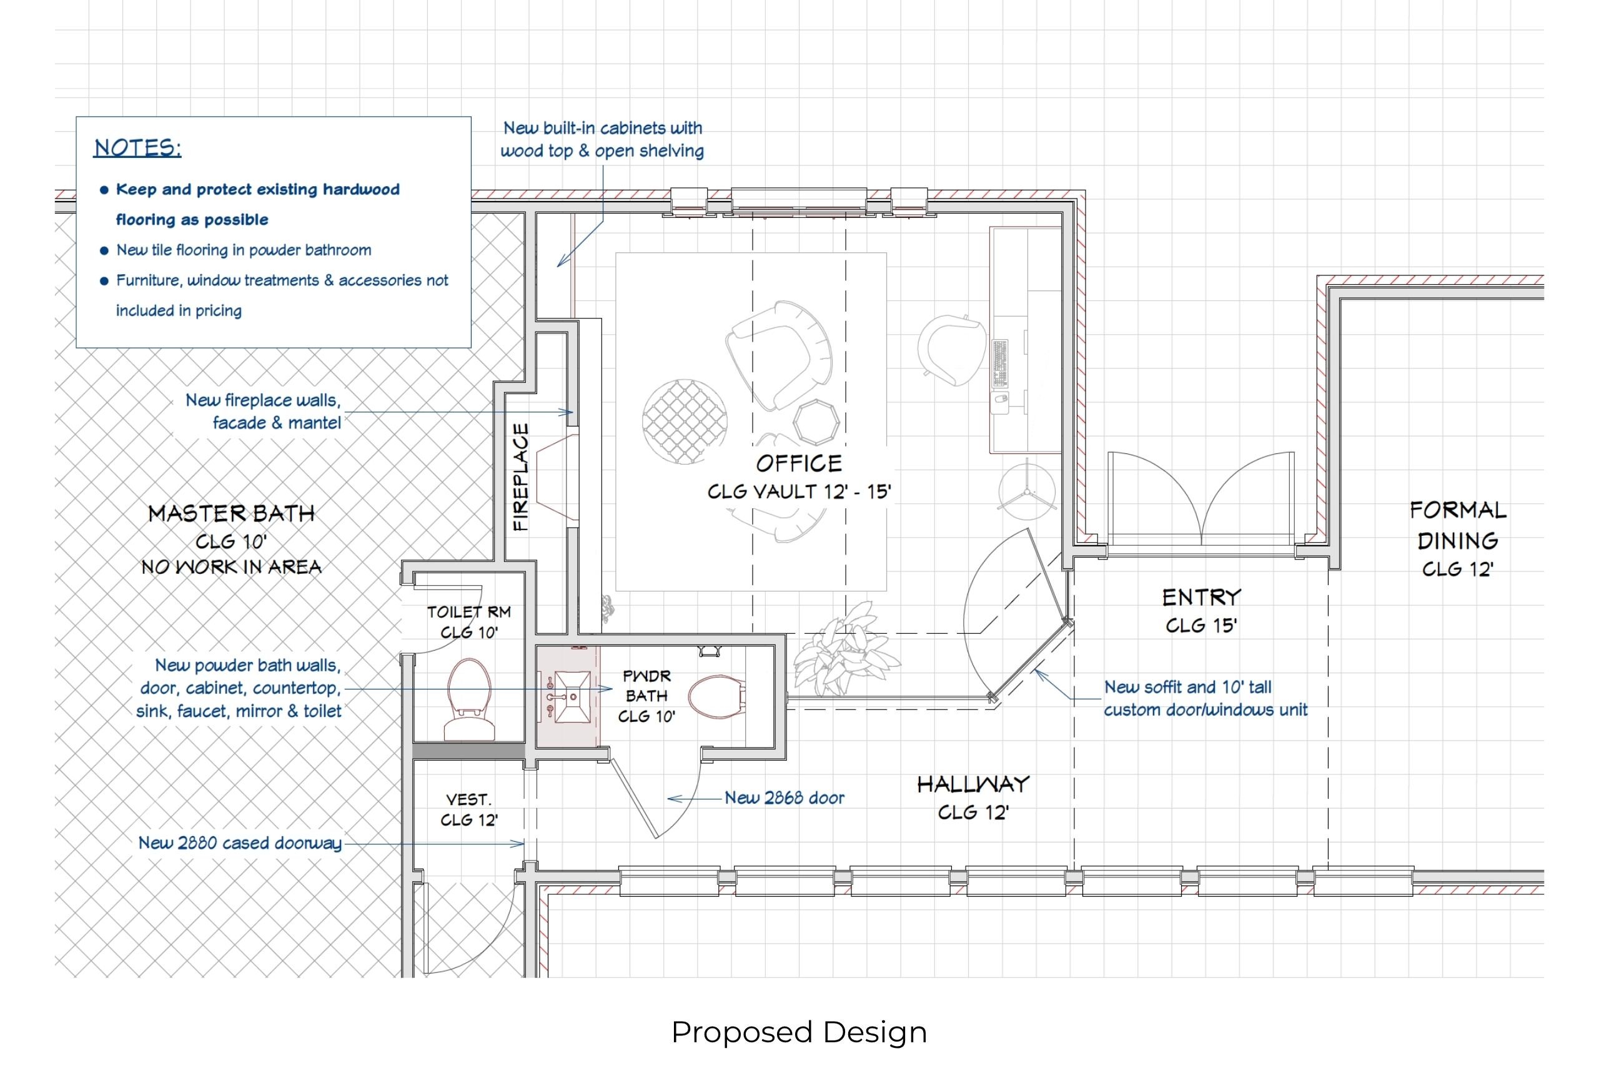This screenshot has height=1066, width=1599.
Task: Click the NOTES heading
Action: coord(137,147)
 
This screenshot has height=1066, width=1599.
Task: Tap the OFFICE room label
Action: coord(799,463)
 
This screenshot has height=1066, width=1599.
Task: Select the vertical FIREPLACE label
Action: coord(520,476)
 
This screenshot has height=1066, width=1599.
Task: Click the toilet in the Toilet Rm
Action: coord(470,698)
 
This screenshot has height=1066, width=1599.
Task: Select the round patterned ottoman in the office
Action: coord(684,422)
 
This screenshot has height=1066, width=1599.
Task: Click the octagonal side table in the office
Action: coord(816,422)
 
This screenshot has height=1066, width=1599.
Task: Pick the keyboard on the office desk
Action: coord(1000,363)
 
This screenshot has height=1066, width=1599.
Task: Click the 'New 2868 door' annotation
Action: coord(784,797)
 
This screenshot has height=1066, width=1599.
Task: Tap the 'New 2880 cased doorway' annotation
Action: coord(240,843)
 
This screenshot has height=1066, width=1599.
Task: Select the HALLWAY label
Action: coord(973,784)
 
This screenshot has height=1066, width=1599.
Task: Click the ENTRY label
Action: coord(1201,598)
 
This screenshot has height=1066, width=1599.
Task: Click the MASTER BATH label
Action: coord(231,513)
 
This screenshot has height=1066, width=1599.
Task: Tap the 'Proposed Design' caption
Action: coord(799,1032)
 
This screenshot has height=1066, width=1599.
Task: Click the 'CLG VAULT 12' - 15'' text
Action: coord(799,491)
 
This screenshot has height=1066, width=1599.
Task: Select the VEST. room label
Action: coord(468,799)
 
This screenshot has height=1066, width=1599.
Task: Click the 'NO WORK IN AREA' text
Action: coord(231,567)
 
